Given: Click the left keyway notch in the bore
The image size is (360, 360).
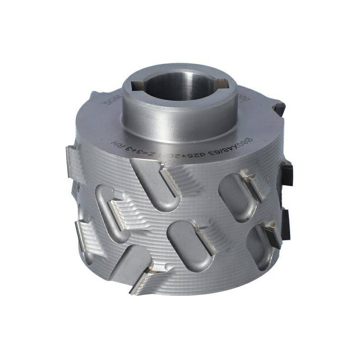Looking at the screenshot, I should [137, 84].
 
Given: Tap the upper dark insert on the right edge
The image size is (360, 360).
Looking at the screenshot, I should [287, 174].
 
